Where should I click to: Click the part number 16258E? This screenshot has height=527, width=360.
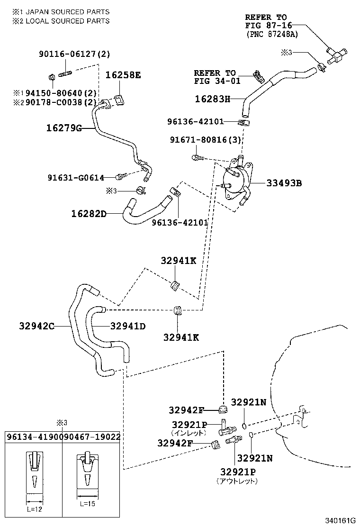(123, 75)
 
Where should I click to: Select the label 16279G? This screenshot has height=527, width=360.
(64, 128)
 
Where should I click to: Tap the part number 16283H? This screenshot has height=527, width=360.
(212, 99)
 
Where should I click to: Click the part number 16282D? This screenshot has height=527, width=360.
(89, 214)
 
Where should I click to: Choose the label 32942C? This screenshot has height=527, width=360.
(37, 326)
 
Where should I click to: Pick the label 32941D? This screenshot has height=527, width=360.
(128, 326)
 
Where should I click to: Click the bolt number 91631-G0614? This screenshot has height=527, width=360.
(76, 177)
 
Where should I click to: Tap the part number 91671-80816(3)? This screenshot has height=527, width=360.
(206, 140)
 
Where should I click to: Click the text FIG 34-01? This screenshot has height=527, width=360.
(217, 81)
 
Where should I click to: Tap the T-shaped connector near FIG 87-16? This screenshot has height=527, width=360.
(337, 55)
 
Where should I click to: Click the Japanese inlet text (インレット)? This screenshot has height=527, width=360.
(189, 432)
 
